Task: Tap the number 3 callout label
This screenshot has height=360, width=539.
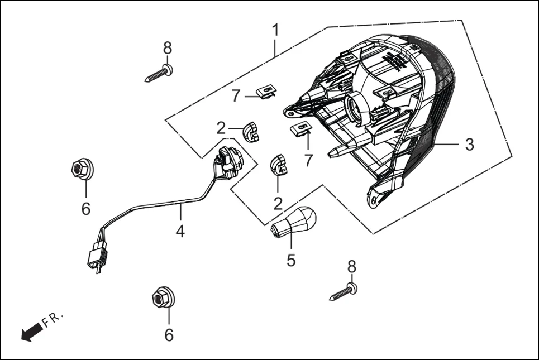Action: (x=469, y=145)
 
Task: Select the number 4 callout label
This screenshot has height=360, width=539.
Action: (x=180, y=231)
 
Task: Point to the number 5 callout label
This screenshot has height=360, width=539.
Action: (x=290, y=260)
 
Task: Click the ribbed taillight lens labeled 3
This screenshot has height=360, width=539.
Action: (x=430, y=128)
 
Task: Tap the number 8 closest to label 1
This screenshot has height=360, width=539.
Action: (x=168, y=49)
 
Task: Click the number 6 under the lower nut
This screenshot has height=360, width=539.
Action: (x=169, y=335)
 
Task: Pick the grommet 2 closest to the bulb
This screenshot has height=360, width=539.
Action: (x=279, y=165)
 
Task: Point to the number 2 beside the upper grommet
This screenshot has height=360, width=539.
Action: (x=221, y=129)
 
